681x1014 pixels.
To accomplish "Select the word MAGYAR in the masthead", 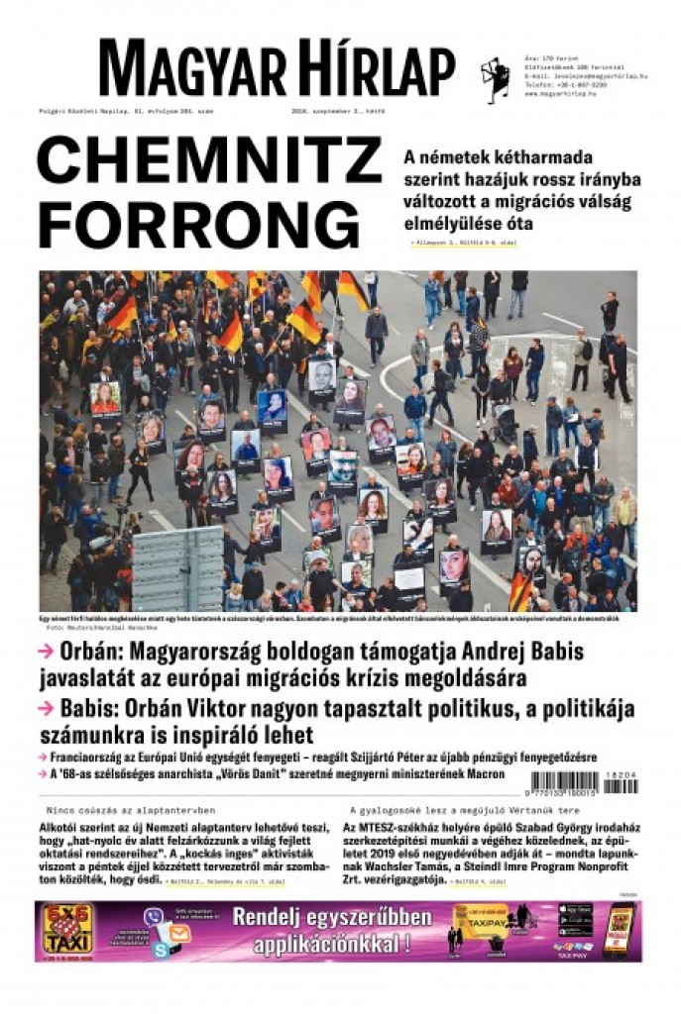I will click(184, 71).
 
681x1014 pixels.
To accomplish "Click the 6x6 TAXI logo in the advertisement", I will click(67, 931).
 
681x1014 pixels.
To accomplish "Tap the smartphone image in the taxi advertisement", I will click(618, 930).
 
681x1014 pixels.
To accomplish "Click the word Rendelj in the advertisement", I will click(275, 917).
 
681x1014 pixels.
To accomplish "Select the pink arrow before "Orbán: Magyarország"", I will click(46, 652).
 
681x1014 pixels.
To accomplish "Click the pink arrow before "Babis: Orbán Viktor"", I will click(46, 709).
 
